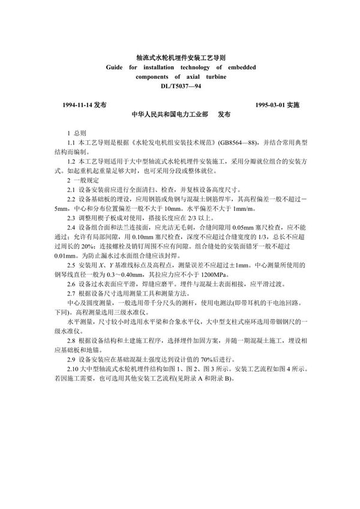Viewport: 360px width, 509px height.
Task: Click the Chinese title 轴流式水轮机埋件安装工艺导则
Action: click(181, 59)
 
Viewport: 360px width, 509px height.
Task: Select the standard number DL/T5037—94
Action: click(180, 88)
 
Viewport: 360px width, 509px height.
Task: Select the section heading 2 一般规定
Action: click(79, 180)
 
